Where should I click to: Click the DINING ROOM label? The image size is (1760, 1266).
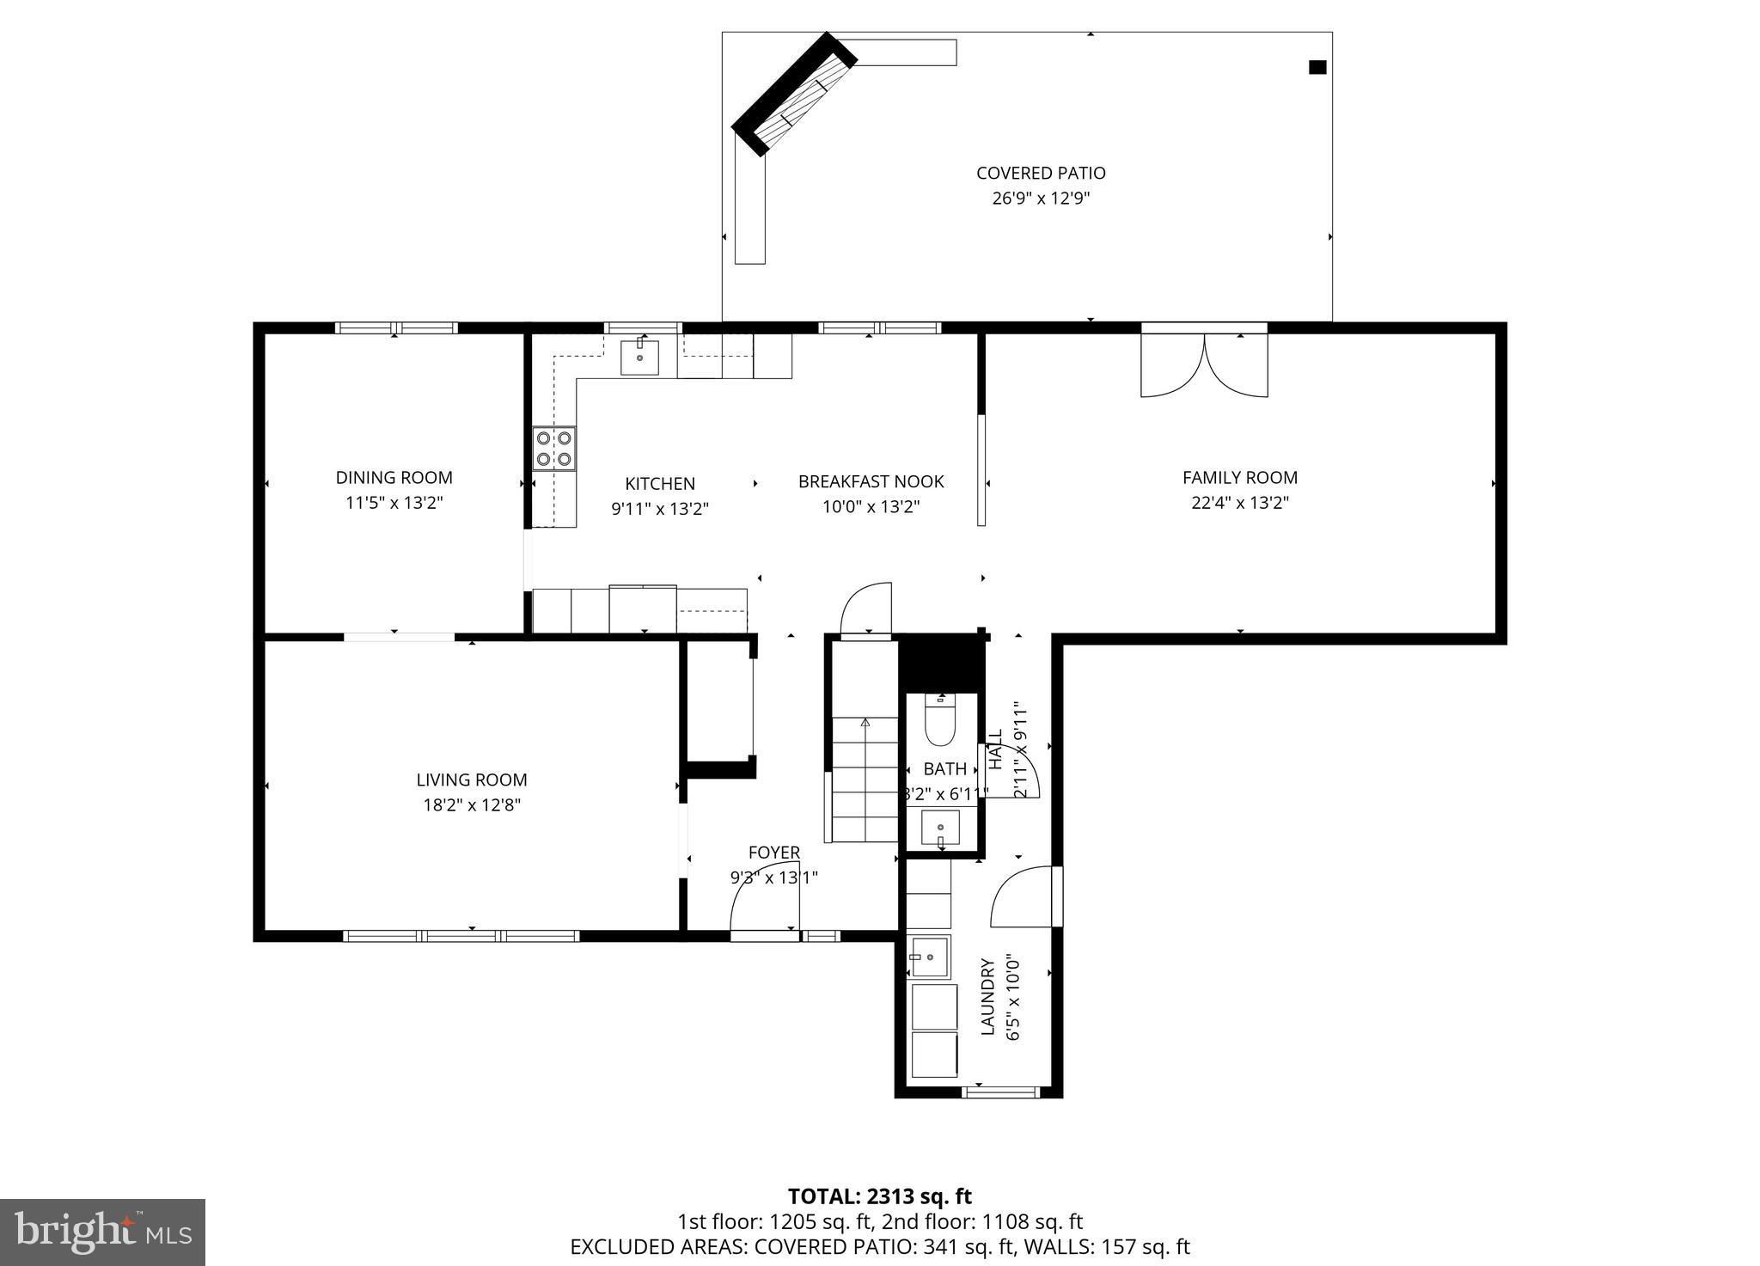(x=394, y=478)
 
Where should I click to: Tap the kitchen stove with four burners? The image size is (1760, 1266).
(x=553, y=449)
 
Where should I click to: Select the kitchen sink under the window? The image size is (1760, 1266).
(x=639, y=357)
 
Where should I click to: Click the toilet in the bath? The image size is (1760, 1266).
(x=940, y=722)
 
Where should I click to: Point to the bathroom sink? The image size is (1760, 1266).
(x=940, y=829)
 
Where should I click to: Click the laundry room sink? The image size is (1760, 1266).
(x=929, y=957)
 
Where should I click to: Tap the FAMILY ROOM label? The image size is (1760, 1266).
(x=1239, y=478)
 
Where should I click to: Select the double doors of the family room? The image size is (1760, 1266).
(x=1204, y=365)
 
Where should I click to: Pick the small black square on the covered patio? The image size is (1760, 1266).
(x=1317, y=67)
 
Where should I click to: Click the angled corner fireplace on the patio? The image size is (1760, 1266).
(x=795, y=95)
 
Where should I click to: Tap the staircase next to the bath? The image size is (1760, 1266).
(x=864, y=779)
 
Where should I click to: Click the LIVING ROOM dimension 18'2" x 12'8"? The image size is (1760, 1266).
(x=472, y=805)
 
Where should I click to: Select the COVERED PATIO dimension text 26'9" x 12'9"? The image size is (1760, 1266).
(x=1041, y=199)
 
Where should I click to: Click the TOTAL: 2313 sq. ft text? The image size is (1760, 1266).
(x=879, y=1196)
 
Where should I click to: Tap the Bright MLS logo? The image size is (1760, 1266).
(x=102, y=1232)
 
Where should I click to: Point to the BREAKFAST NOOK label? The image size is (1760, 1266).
(x=871, y=482)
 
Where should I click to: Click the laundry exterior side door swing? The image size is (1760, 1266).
(x=1023, y=898)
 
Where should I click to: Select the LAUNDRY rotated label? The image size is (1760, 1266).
(x=987, y=997)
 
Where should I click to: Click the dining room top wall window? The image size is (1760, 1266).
(x=396, y=327)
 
